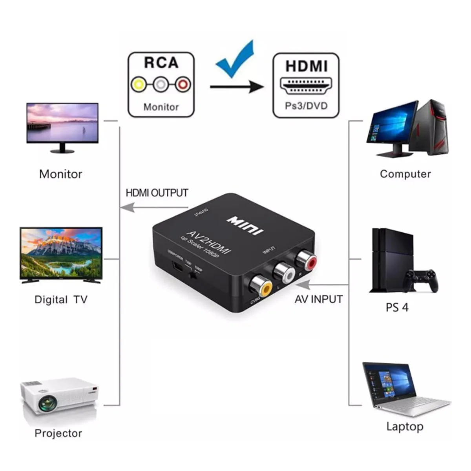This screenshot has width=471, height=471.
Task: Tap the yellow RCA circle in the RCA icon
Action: (139, 84)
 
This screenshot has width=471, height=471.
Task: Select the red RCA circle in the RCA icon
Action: (183, 84)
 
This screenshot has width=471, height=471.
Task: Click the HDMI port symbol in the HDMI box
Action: (306, 86)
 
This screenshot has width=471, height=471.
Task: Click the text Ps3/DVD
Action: (306, 106)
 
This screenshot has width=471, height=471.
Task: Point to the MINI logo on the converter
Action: (245, 225)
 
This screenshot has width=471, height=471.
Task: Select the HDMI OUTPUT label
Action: (157, 193)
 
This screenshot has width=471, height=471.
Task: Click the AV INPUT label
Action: (318, 299)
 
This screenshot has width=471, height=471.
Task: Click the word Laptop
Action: (405, 427)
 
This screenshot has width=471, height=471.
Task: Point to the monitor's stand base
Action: (62, 151)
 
